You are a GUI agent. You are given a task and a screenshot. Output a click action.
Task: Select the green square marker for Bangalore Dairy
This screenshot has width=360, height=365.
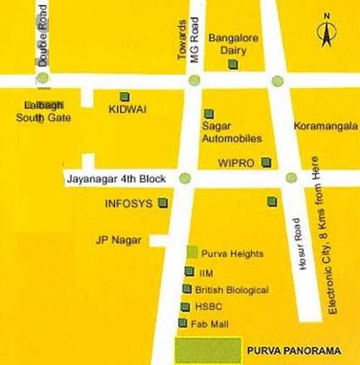pos(233,64)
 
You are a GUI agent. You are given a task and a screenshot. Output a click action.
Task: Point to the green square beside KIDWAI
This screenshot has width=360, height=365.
pos(125,96)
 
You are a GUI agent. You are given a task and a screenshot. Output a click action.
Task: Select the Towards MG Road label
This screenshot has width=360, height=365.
pos(186,42)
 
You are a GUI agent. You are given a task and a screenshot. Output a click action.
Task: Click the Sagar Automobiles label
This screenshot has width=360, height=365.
pos(230,132)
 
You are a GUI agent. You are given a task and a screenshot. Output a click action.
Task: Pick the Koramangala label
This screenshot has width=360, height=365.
pos(321,126)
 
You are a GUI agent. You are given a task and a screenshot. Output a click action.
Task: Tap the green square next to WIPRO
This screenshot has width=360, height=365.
pos(266,162)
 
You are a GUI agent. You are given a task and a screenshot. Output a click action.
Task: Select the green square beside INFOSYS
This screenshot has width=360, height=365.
pos(163,203)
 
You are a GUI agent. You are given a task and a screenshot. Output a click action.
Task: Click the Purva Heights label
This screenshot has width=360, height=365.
pos(232,253)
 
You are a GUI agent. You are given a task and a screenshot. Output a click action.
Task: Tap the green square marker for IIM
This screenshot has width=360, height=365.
pos(189,271)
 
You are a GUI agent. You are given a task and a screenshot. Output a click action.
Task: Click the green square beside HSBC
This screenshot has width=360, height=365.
pos(186,307)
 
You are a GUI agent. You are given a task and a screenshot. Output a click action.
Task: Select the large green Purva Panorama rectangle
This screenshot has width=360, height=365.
pos(208,350)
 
